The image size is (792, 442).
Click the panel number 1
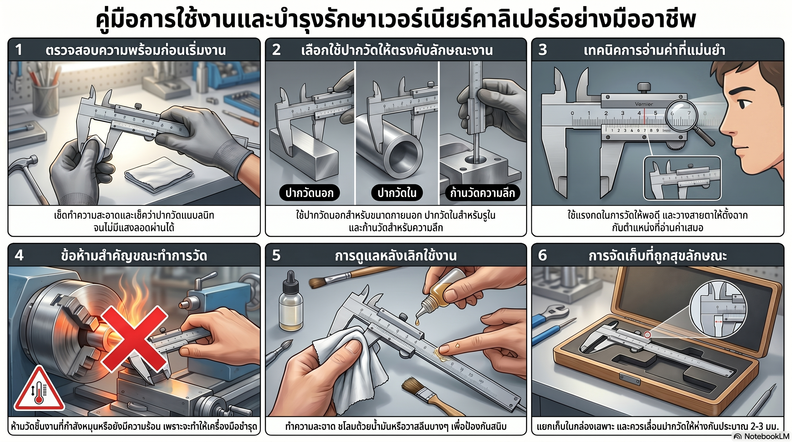click(19, 50)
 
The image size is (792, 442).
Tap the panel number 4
click(19, 255)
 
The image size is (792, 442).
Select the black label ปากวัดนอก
click(309, 193)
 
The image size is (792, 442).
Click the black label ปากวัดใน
click(397, 193)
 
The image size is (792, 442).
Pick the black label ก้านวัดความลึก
click(482, 193)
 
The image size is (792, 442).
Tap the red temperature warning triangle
click(39, 388)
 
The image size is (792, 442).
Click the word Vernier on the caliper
click(644, 104)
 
